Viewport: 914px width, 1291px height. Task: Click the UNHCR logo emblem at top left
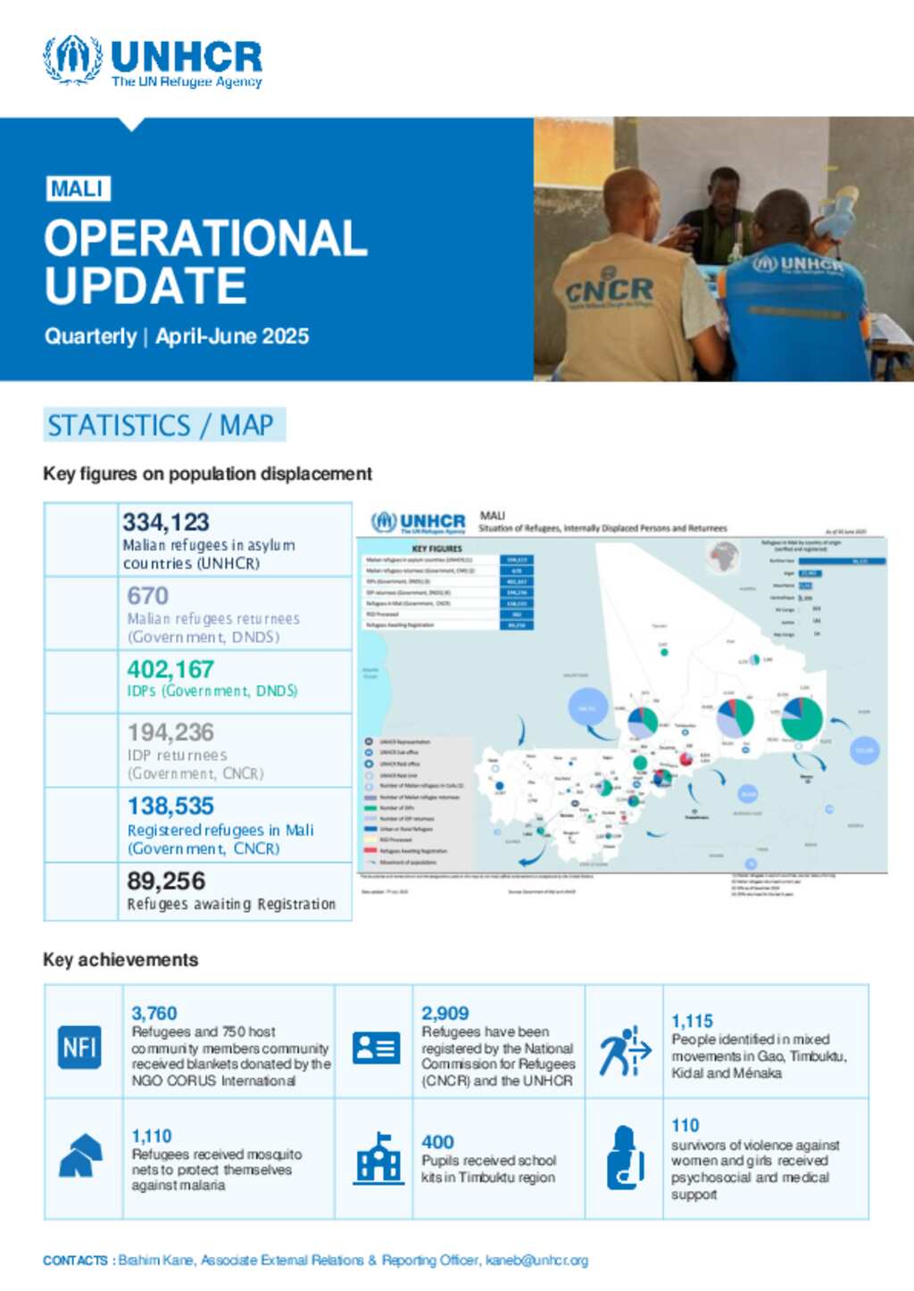coord(72,60)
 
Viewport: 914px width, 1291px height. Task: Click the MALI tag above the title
coord(78,189)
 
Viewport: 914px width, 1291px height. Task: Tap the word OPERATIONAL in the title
coord(205,238)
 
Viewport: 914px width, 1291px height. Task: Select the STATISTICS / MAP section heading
coord(161,426)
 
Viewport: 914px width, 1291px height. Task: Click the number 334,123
coord(166,522)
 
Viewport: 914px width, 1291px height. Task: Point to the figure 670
coord(147,595)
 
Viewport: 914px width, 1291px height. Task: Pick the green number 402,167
coord(170,669)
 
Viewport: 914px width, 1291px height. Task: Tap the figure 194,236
coord(170,732)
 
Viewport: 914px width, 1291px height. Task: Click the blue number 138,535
coord(170,807)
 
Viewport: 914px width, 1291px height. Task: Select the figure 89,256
coord(166,881)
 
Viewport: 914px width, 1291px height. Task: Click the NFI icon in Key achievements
coord(79,1047)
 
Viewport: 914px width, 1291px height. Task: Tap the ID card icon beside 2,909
coord(376,1047)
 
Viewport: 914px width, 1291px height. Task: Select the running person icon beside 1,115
coord(624,1051)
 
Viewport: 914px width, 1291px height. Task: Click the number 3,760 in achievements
coord(154,1014)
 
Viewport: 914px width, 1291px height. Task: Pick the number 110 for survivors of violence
coord(685,1126)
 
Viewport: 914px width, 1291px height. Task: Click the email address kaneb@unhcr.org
coord(536,1261)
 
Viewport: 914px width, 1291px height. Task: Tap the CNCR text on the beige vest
coord(610,291)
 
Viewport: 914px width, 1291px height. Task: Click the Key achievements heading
coord(120,960)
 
